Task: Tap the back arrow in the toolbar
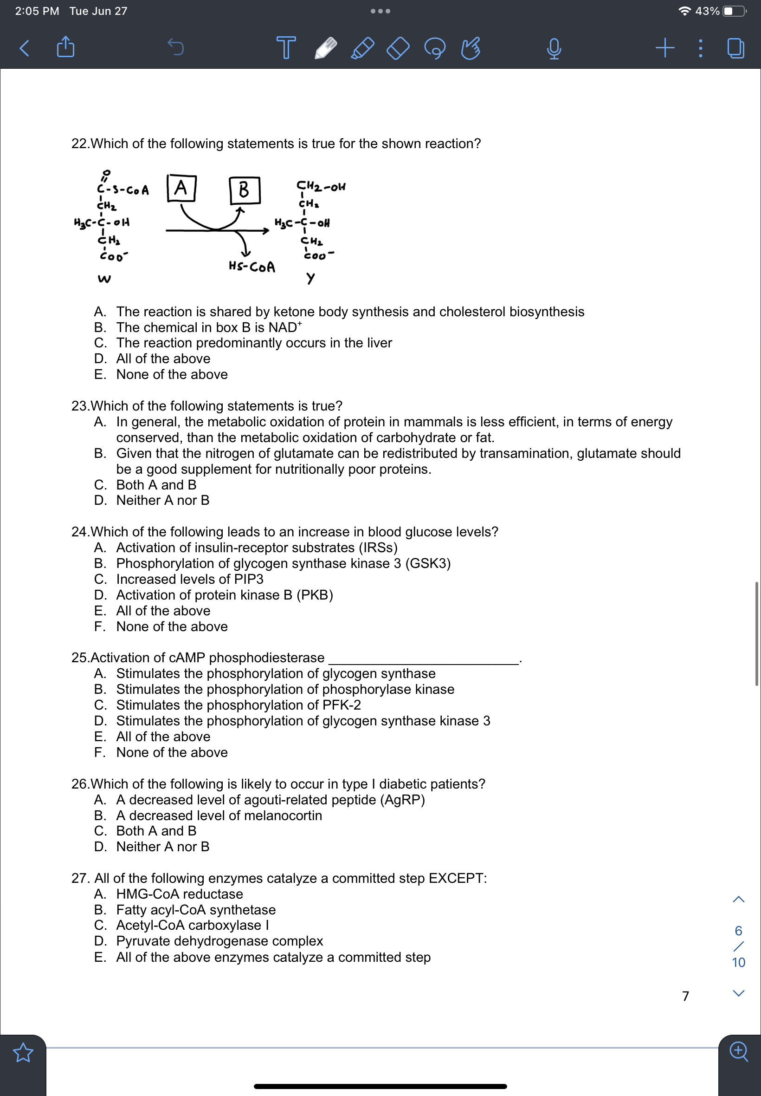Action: point(24,48)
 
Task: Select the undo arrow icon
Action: point(176,47)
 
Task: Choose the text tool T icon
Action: point(286,47)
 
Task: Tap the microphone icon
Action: point(554,48)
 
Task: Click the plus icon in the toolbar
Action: point(664,47)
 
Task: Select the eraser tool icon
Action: point(398,48)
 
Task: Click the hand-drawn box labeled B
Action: point(244,190)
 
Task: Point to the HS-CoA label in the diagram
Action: point(252,267)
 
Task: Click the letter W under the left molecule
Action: point(104,279)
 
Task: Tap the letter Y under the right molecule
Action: point(310,278)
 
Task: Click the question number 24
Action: point(79,532)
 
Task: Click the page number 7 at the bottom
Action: point(685,996)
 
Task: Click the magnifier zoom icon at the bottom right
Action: point(739,1050)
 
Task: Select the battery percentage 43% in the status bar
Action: point(707,11)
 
